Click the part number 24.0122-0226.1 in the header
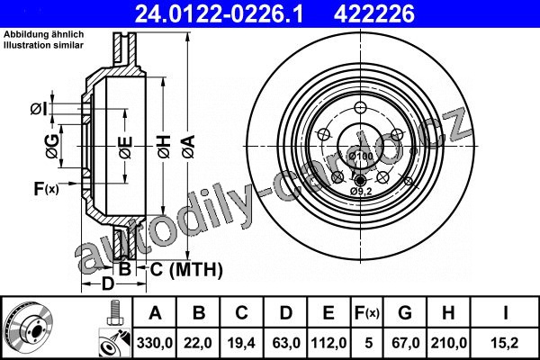219,14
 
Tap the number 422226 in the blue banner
374,14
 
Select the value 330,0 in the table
155,343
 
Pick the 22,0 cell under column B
198,343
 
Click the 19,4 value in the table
241,343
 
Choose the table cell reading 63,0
286,343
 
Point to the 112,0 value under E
328,343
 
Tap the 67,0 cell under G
405,343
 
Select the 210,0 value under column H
449,343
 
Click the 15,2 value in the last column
505,343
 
